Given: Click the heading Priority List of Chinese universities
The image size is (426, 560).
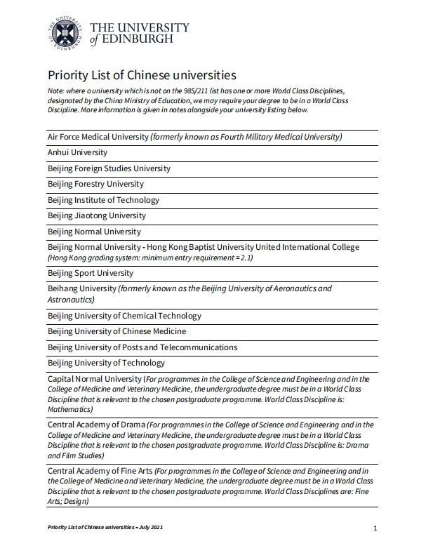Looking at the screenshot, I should coord(142,75).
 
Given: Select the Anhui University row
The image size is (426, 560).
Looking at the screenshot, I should coord(78,152).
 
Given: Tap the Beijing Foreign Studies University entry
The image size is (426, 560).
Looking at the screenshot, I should coord(109,168).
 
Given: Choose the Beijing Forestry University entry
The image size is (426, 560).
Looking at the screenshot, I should coord(95,184).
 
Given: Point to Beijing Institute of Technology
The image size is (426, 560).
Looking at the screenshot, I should coord(103,200).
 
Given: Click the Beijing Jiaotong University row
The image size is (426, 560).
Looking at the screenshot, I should coord(97,215).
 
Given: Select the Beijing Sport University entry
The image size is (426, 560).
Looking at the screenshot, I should coord(91,273).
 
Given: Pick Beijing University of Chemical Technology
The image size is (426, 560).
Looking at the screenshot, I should coord(124,316).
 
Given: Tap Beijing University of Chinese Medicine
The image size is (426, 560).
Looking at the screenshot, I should coord(117,331).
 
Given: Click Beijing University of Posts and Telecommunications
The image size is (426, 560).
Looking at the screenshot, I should coord(142,347).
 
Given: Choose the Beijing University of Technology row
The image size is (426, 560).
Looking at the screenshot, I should coord(106,363).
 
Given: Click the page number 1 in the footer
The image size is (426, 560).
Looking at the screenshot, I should coord(375,528).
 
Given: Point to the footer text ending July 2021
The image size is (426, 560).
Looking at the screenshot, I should coord(105,527).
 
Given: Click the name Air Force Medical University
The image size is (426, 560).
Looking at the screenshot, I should coord(98,137).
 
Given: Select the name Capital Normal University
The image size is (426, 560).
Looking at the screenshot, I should coord(95,379).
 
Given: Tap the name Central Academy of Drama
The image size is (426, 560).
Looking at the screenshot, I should coord(96,425).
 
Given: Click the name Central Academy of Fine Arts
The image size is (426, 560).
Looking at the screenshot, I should coord(100,471).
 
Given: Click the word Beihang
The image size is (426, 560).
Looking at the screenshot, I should coord(63,288).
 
